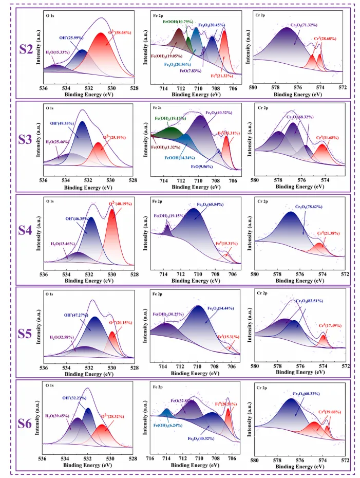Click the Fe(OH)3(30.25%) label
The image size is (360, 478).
[x=169, y=314]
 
